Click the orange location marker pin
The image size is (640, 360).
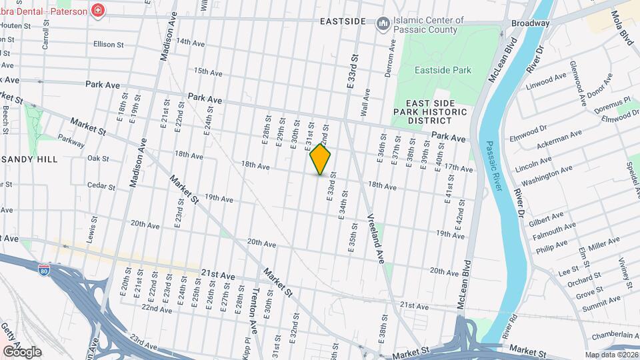pyautogui.click(x=321, y=160)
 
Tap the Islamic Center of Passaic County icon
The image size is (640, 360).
pyautogui.click(x=383, y=25)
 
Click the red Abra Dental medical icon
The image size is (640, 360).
pyautogui.click(x=98, y=11)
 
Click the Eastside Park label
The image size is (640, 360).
pyautogui.click(x=443, y=70)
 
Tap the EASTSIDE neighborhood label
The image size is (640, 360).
pyautogui.click(x=343, y=21)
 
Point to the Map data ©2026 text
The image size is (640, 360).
pyautogui.click(x=612, y=355)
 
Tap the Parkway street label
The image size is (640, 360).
pyautogui.click(x=71, y=142)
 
